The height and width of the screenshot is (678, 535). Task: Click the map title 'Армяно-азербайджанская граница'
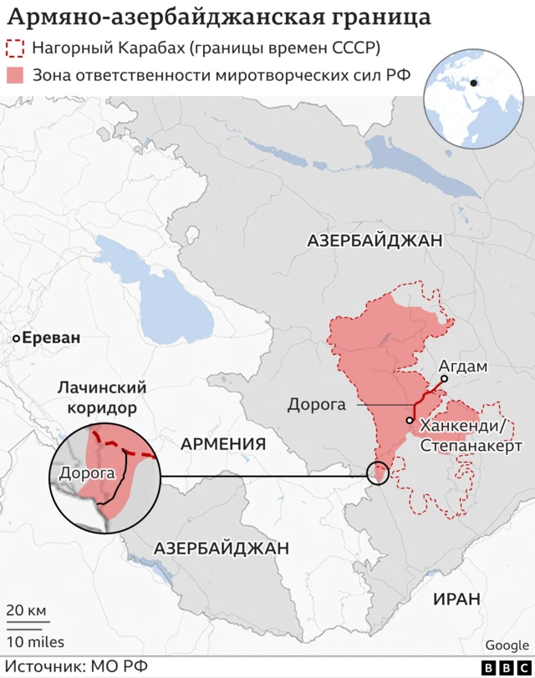pyautogui.click(x=220, y=18)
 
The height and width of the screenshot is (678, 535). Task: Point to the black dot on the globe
pyautogui.click(x=474, y=83)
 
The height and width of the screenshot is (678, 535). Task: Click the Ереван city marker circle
pyautogui.click(x=16, y=339)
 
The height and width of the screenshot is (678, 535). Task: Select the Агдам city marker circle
pyautogui.click(x=445, y=378)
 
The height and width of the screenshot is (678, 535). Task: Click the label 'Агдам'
pyautogui.click(x=462, y=366)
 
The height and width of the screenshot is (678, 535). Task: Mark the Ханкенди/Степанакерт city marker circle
pyautogui.click(x=410, y=420)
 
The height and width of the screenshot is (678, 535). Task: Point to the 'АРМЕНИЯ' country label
pyautogui.click(x=223, y=443)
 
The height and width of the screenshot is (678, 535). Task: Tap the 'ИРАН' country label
pyautogui.click(x=456, y=599)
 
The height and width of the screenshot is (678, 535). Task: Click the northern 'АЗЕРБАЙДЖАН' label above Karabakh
pyautogui.click(x=374, y=240)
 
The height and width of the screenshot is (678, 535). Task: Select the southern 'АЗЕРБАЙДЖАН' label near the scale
pyautogui.click(x=222, y=549)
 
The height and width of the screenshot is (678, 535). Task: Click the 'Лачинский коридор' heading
pyautogui.click(x=101, y=398)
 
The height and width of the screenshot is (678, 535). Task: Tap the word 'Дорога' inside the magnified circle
pyautogui.click(x=86, y=473)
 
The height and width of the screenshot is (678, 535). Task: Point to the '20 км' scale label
pyautogui.click(x=26, y=610)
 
